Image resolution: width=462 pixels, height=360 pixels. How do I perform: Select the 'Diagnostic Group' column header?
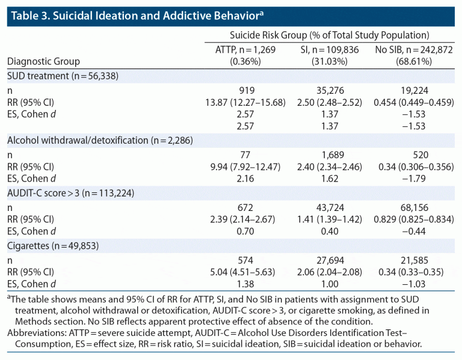tap(43, 61)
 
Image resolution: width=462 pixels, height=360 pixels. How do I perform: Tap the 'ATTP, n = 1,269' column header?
tap(245, 50)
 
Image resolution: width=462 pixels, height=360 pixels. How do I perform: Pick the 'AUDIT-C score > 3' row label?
tap(70, 193)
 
